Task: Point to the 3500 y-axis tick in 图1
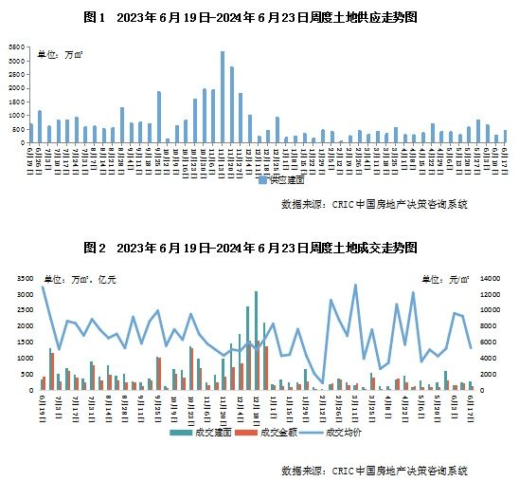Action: pyautogui.click(x=17, y=46)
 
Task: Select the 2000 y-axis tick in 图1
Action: pyautogui.click(x=17, y=88)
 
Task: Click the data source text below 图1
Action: pyautogui.click(x=373, y=204)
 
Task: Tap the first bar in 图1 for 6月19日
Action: pyautogui.click(x=31, y=133)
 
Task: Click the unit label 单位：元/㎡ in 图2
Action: pyautogui.click(x=448, y=279)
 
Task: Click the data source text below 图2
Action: pyautogui.click(x=373, y=471)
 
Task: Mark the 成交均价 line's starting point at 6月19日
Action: pyautogui.click(x=43, y=287)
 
